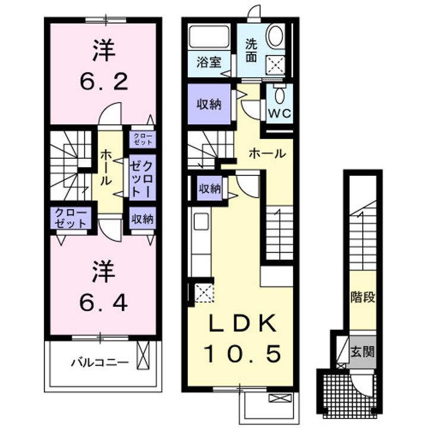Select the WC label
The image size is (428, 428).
[x=279, y=113]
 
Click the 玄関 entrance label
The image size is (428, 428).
[x=362, y=351]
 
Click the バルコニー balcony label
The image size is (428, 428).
[x=100, y=362]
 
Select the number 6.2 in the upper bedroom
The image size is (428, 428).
[x=104, y=80]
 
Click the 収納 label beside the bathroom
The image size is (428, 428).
[x=209, y=103]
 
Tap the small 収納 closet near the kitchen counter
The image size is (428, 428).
[x=209, y=189]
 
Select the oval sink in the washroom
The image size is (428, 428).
[x=275, y=36]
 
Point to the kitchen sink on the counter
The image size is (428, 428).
[x=200, y=221]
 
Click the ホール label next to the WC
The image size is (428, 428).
[x=266, y=153]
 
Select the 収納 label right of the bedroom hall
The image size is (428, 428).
[x=143, y=219]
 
